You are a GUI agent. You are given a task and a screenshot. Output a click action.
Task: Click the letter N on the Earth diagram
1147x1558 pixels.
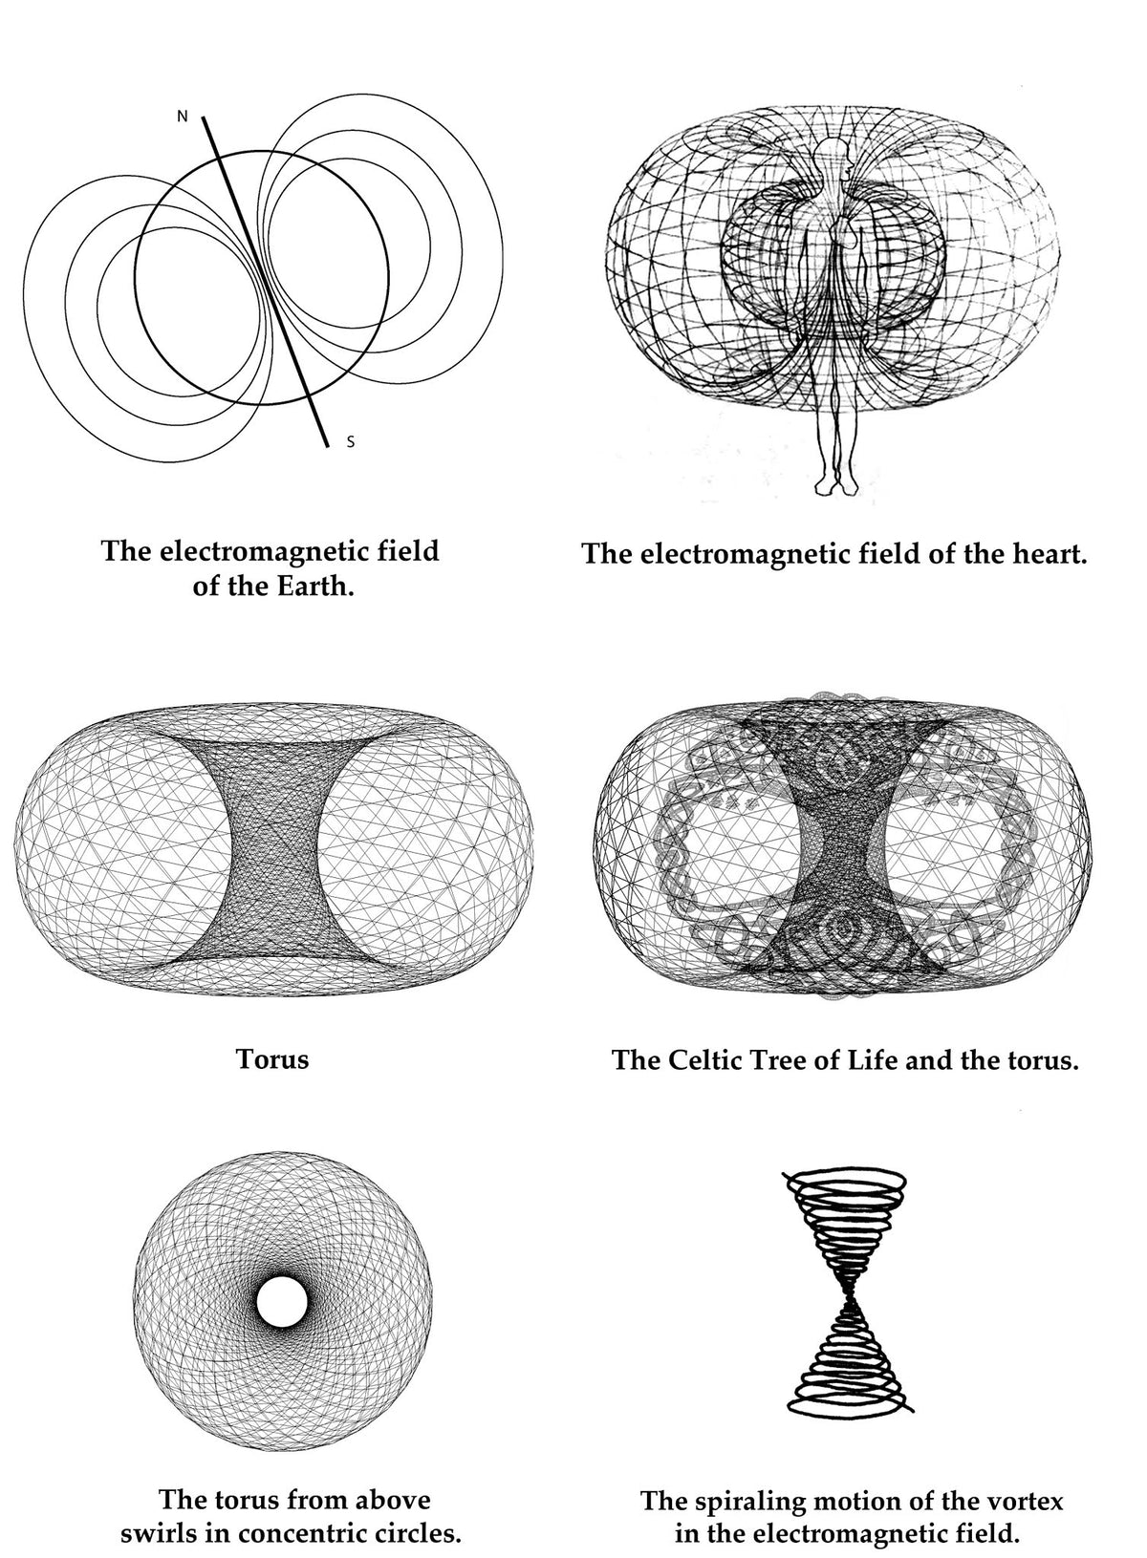[183, 117]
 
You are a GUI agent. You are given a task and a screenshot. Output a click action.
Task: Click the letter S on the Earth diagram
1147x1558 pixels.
[351, 441]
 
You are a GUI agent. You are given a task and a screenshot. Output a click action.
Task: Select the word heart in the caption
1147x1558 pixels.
[1045, 554]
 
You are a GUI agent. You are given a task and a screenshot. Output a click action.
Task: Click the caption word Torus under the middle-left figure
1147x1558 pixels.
[272, 1059]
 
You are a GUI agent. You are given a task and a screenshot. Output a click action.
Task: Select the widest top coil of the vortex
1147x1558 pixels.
[847, 1180]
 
